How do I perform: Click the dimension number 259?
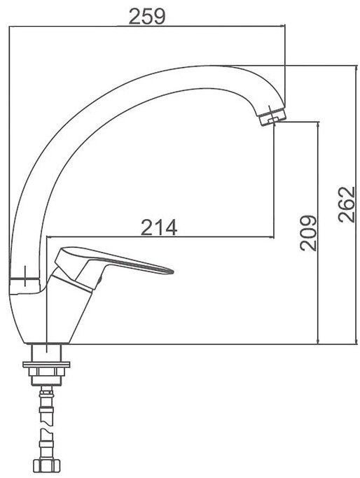coord(147,16)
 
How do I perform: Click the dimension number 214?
coord(159,227)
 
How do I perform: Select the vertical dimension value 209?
coord(308,233)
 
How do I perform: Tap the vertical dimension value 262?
coord(347,204)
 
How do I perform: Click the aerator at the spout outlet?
coord(272,118)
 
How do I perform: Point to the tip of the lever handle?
coord(172,271)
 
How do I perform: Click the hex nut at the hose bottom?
coord(46,466)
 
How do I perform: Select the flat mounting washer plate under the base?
coord(46,365)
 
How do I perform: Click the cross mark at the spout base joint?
coord(25,276)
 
